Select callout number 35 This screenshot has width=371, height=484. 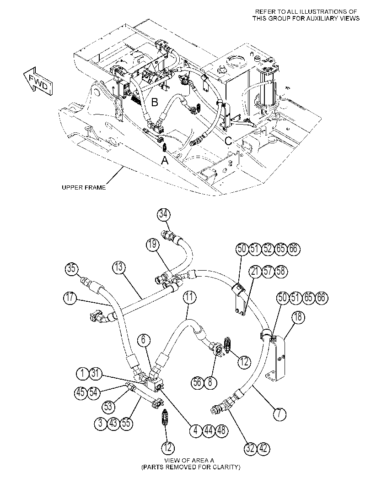tap(71, 268)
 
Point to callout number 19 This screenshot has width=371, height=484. tap(153, 245)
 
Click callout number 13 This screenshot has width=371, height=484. tap(119, 267)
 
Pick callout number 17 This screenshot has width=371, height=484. tap(70, 298)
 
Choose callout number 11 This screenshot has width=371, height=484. tap(189, 297)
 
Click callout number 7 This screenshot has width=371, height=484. tap(280, 413)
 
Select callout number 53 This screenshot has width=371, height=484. tap(108, 407)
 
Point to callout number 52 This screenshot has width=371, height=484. tap(267, 249)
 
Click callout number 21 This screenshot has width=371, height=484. tap(255, 272)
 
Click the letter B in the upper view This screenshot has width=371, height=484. tap(155, 102)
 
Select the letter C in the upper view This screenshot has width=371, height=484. tap(228, 141)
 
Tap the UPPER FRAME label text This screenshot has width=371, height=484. tap(84, 187)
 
